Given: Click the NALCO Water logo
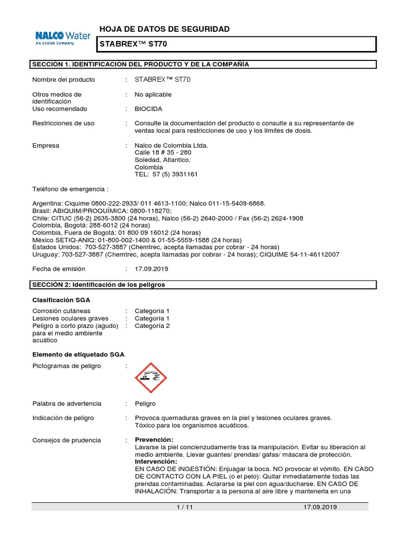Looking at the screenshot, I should pyautogui.click(x=63, y=38).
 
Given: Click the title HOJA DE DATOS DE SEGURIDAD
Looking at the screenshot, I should pyautogui.click(x=164, y=29).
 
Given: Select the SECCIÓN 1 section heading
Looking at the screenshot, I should pyautogui.click(x=141, y=64).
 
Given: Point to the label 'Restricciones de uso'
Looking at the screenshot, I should pyautogui.click(x=64, y=123).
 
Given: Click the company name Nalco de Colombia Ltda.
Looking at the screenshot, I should pyautogui.click(x=171, y=145).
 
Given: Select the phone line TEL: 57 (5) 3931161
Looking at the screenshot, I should pyautogui.click(x=166, y=174).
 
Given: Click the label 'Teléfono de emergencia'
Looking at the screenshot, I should pyautogui.click(x=70, y=188).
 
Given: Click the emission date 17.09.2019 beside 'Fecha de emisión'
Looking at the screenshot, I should pyautogui.click(x=152, y=269).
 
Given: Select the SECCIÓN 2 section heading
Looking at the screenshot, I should pyautogui.click(x=99, y=285).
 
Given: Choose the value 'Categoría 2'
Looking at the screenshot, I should pyautogui.click(x=152, y=326).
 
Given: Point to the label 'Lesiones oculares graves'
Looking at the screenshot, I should pyautogui.click(x=70, y=318).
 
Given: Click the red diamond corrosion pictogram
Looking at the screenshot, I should pyautogui.click(x=151, y=378).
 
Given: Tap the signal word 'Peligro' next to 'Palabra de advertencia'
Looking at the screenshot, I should pyautogui.click(x=145, y=403).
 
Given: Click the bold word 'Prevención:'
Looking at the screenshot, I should pyautogui.click(x=155, y=440).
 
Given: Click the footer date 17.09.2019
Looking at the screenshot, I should pyautogui.click(x=320, y=507).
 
